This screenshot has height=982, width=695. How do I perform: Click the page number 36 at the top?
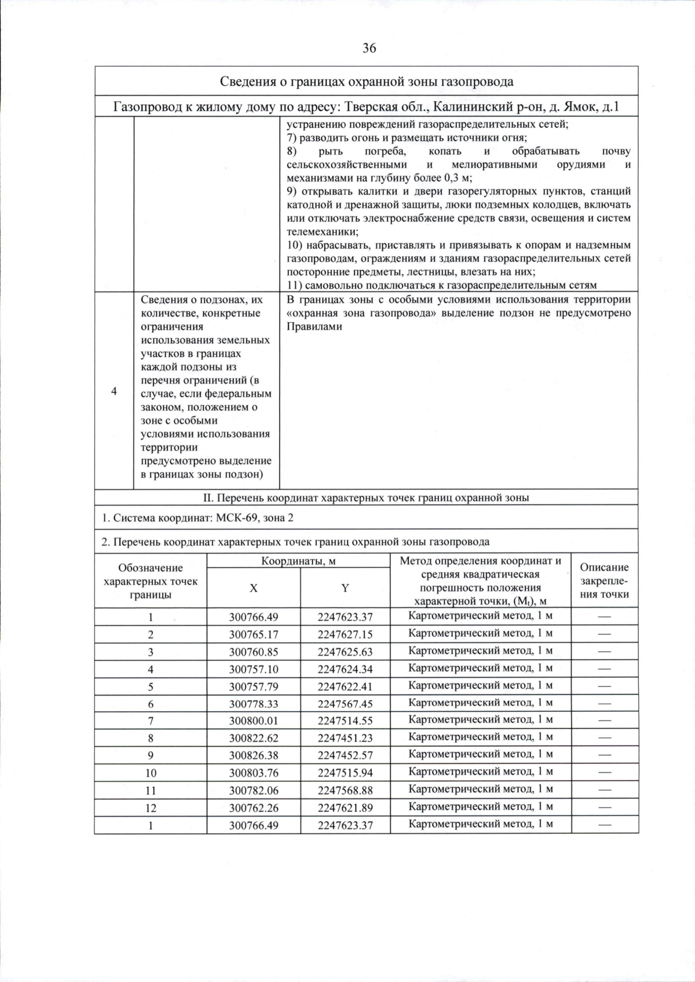(370, 48)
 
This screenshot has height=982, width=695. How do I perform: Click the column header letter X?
(254, 588)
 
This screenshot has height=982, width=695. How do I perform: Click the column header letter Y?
(345, 588)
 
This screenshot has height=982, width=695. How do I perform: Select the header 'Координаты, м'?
(298, 561)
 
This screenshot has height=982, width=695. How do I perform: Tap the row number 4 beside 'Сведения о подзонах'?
(114, 391)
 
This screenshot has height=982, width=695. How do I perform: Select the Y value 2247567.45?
(345, 704)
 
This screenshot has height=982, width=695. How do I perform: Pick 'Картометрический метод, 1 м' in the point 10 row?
(480, 771)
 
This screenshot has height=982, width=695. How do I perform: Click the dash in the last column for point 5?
(604, 686)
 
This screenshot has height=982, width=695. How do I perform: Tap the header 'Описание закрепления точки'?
(604, 580)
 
